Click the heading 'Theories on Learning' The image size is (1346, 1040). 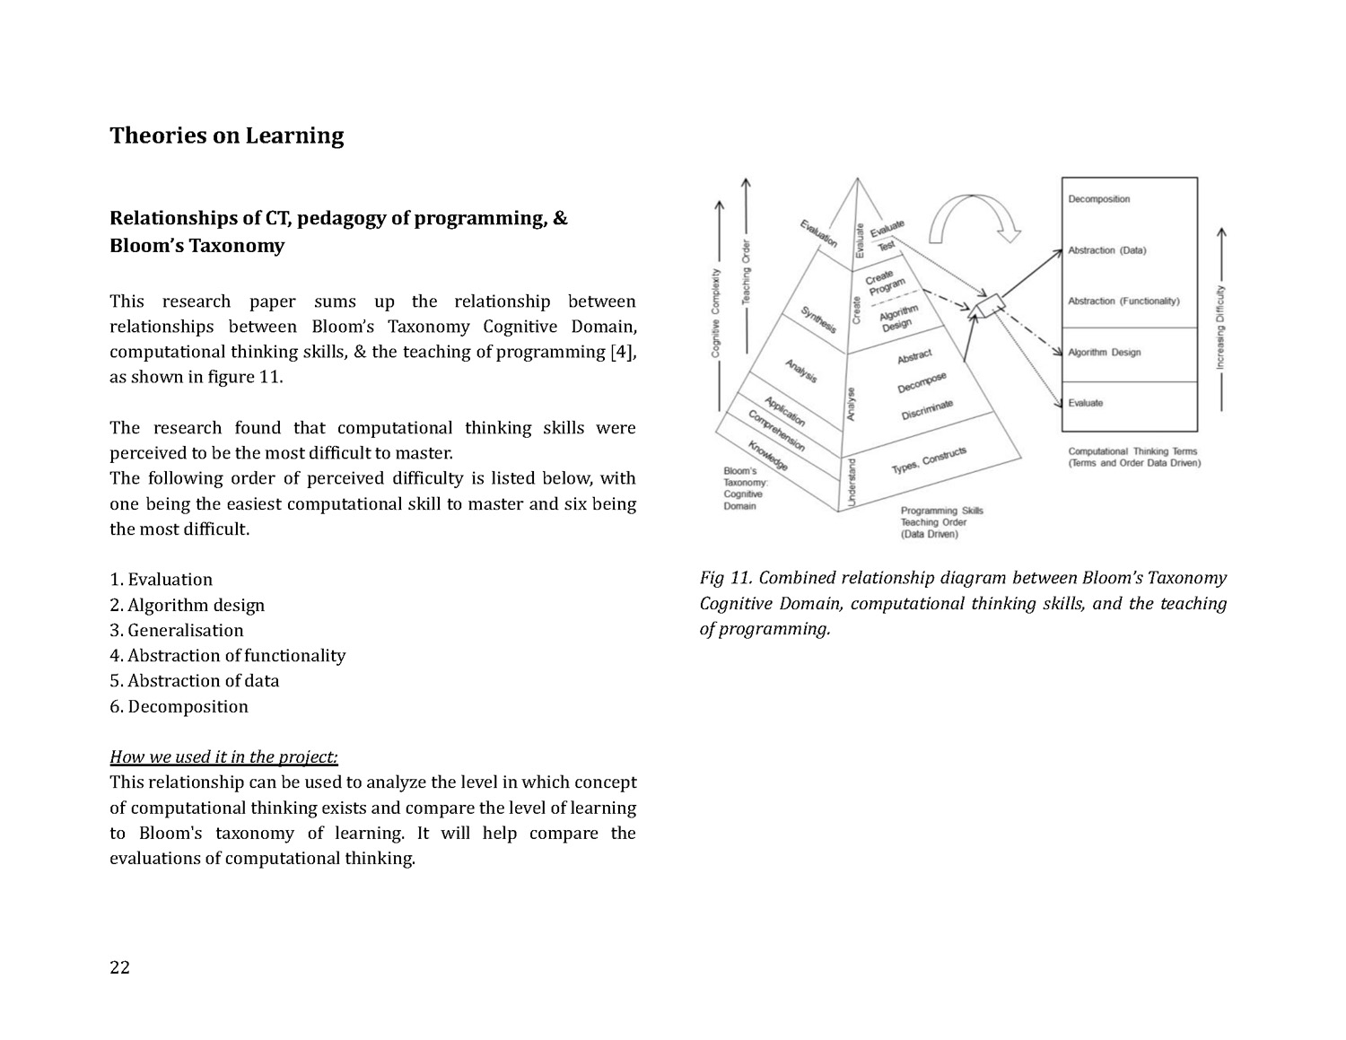(226, 135)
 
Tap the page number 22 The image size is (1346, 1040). (119, 966)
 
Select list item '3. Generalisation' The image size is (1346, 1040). (177, 630)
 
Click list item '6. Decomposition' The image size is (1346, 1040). (179, 706)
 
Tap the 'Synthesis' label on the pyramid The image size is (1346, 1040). (817, 319)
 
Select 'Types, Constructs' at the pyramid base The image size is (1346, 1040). (928, 461)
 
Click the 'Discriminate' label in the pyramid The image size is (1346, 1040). (927, 410)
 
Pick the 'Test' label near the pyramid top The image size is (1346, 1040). (887, 244)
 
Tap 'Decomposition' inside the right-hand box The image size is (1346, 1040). (1098, 199)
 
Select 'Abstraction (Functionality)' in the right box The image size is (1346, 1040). (1123, 302)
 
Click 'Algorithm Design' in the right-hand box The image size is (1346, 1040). (1104, 353)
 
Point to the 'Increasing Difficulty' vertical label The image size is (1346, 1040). (1220, 328)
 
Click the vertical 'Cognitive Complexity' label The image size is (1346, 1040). (716, 312)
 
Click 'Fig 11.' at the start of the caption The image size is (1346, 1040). (726, 578)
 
